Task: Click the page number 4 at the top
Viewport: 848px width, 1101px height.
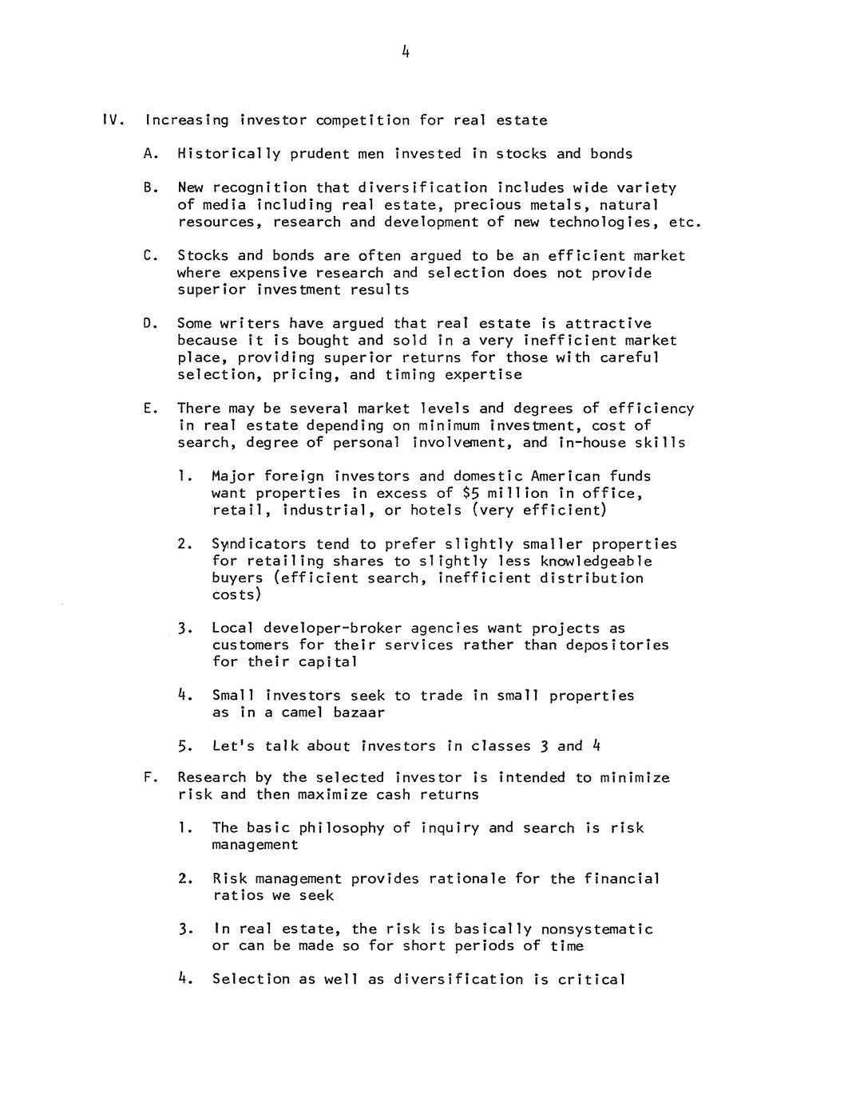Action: pos(406,53)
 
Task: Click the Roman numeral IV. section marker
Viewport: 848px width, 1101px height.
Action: pos(112,120)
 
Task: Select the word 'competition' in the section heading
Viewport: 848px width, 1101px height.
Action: pos(363,120)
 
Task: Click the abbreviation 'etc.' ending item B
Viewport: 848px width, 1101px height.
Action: pos(684,222)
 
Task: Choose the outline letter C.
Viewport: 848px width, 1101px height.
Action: pos(149,256)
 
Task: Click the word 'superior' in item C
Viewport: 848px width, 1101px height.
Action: pos(203,290)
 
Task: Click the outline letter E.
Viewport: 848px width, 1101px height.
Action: pos(149,408)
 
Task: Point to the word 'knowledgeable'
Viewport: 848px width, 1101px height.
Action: pos(603,561)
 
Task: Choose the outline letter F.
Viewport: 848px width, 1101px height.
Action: pos(149,777)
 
